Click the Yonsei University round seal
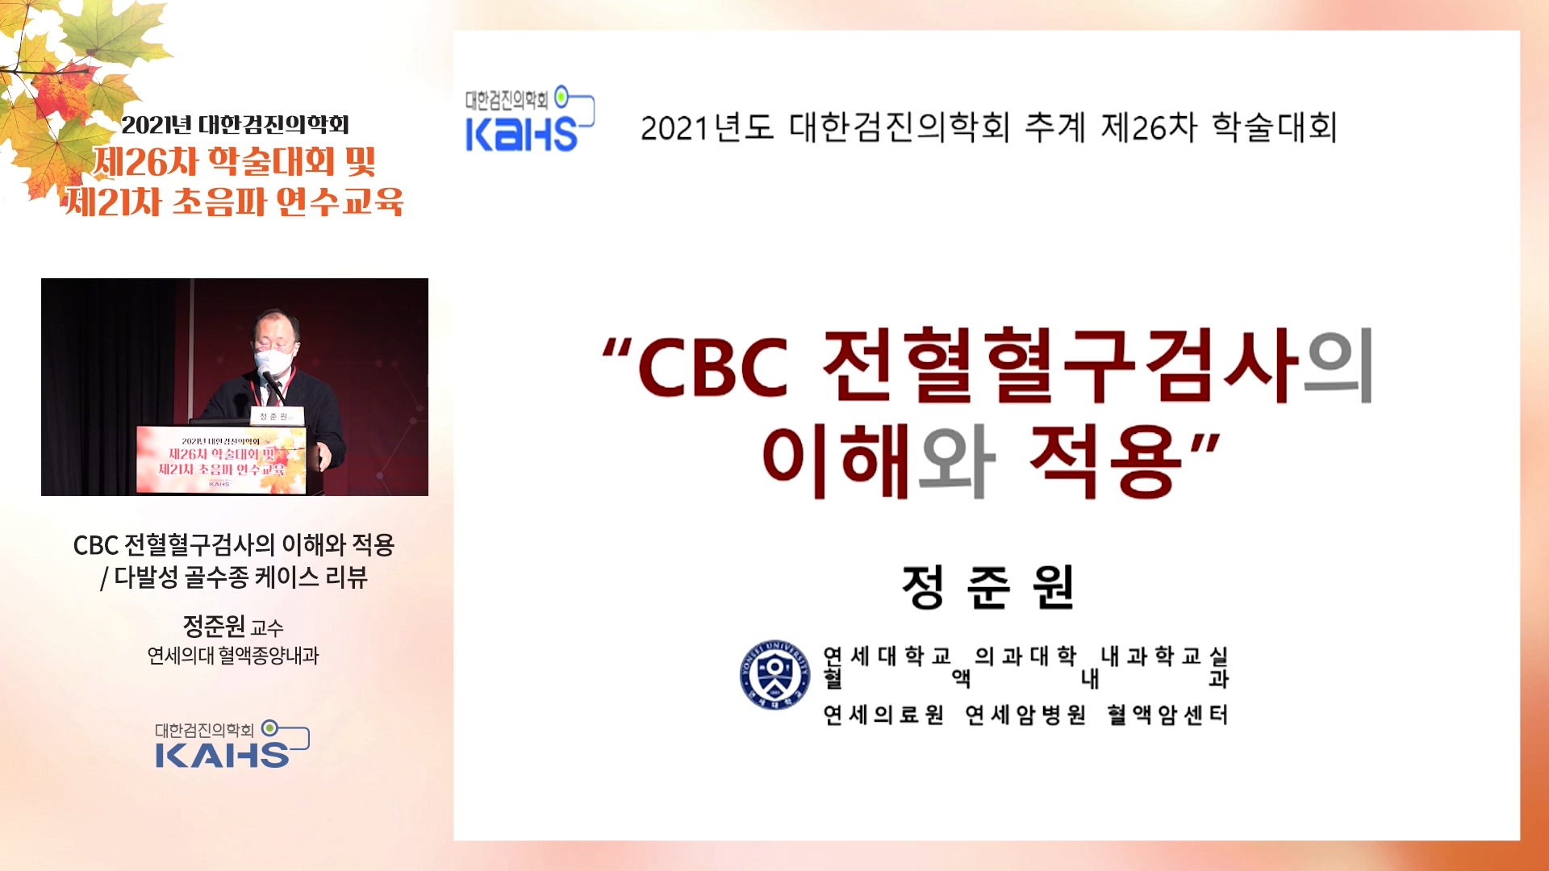point(774,675)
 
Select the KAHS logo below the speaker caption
point(232,744)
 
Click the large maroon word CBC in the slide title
point(713,368)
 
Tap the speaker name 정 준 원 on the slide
point(988,587)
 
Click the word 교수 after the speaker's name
point(267,628)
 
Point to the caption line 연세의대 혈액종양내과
point(233,656)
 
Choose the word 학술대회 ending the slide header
point(1275,127)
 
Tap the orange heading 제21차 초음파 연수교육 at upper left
point(234,202)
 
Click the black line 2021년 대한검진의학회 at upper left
point(235,125)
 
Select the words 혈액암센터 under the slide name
point(1167,715)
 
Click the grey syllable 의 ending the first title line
point(1340,367)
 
